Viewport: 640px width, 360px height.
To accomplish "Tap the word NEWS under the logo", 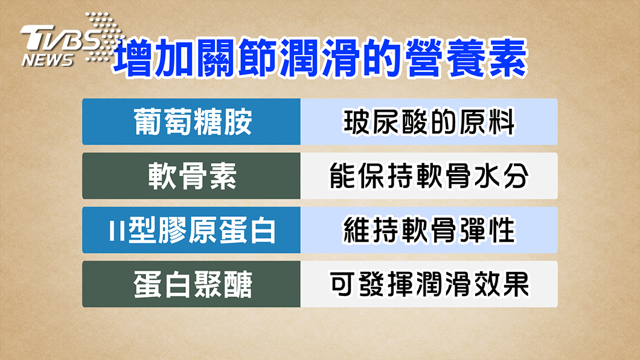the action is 47,60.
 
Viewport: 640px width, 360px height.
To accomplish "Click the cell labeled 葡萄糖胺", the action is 191,121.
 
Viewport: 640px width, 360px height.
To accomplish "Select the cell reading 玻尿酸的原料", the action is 429,121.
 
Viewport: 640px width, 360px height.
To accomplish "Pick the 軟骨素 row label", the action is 191,176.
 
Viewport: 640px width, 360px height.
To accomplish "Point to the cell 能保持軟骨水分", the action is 429,176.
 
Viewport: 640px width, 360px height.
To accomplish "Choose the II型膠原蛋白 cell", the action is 191,230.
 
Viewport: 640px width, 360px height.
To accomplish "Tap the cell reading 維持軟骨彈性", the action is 429,230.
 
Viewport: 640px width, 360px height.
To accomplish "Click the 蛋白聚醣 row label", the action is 191,284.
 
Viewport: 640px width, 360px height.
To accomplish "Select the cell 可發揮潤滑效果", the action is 429,284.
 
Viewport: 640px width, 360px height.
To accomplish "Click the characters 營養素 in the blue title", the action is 466,57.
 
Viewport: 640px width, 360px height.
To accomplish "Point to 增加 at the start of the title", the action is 153,57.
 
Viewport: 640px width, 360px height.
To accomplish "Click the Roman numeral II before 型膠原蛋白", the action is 117,231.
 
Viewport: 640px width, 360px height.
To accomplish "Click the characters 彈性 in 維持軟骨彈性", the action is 487,230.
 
